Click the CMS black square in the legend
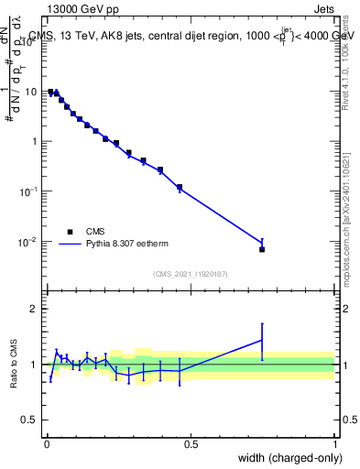click(70, 232)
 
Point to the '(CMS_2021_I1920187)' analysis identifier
click(190, 274)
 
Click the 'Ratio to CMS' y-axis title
click(16, 365)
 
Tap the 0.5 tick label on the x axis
click(191, 444)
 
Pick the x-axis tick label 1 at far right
click(334, 444)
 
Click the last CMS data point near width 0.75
click(262, 249)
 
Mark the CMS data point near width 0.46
click(180, 187)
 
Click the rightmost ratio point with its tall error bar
click(262, 340)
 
